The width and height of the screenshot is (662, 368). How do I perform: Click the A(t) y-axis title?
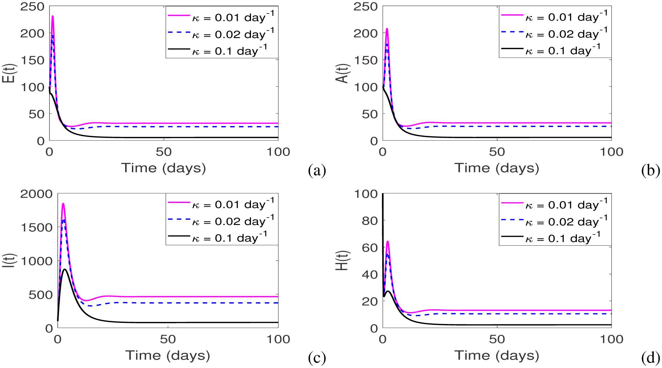[x=344, y=73]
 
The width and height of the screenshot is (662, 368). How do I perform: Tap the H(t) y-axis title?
[x=343, y=261]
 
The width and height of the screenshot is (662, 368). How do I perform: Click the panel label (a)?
[x=317, y=170]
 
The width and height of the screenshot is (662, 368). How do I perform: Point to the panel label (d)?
[x=650, y=358]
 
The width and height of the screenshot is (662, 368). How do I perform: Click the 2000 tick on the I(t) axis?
[x=36, y=194]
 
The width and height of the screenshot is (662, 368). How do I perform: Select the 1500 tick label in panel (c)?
[x=36, y=227]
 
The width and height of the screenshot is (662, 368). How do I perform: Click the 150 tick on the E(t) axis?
[x=33, y=60]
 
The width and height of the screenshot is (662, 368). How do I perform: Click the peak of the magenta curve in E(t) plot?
[x=53, y=16]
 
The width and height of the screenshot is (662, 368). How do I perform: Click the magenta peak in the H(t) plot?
[x=387, y=242]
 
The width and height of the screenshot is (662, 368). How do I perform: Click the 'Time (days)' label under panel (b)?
[x=497, y=168]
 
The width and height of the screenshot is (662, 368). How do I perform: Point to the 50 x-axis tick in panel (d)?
[x=497, y=339]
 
